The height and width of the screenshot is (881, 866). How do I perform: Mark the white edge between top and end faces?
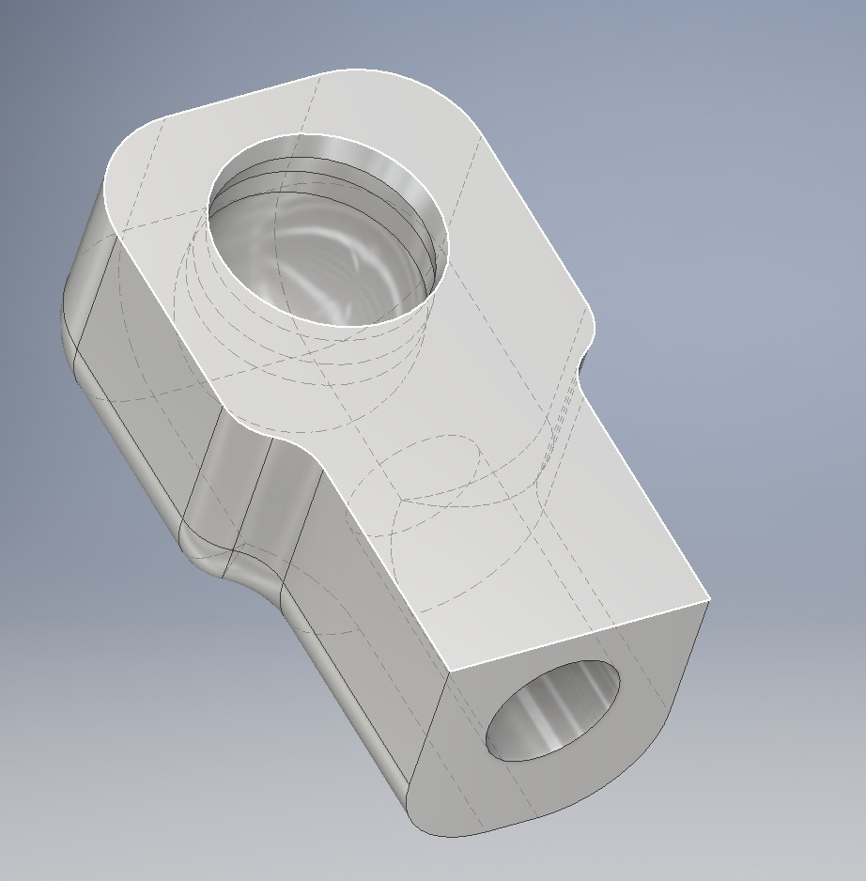point(578,634)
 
